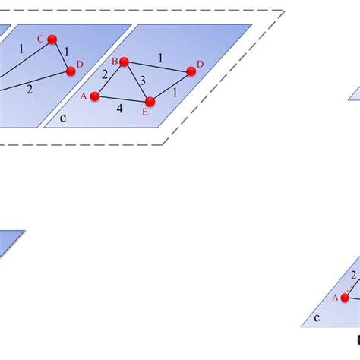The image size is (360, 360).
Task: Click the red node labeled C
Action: point(52,39)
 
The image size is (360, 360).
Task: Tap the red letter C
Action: point(40,38)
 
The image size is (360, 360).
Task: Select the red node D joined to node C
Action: point(71,71)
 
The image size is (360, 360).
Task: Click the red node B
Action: point(125,62)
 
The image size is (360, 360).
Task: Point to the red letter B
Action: point(115,61)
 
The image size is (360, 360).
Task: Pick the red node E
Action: point(150,101)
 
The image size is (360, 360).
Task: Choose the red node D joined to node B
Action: point(191,71)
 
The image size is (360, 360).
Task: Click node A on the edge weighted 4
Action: point(95,96)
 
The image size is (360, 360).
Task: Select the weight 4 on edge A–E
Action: point(118,109)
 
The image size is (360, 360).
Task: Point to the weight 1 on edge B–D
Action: point(159,57)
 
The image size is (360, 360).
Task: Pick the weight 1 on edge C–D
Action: point(67,52)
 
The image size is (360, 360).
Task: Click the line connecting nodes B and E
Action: point(137,81)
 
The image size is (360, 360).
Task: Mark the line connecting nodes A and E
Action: point(122,99)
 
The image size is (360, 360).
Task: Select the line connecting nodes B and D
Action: point(157,67)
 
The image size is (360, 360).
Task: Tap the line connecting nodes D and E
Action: point(170,86)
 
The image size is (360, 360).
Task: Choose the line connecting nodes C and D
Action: point(61,55)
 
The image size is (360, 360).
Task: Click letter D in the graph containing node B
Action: point(200,64)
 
